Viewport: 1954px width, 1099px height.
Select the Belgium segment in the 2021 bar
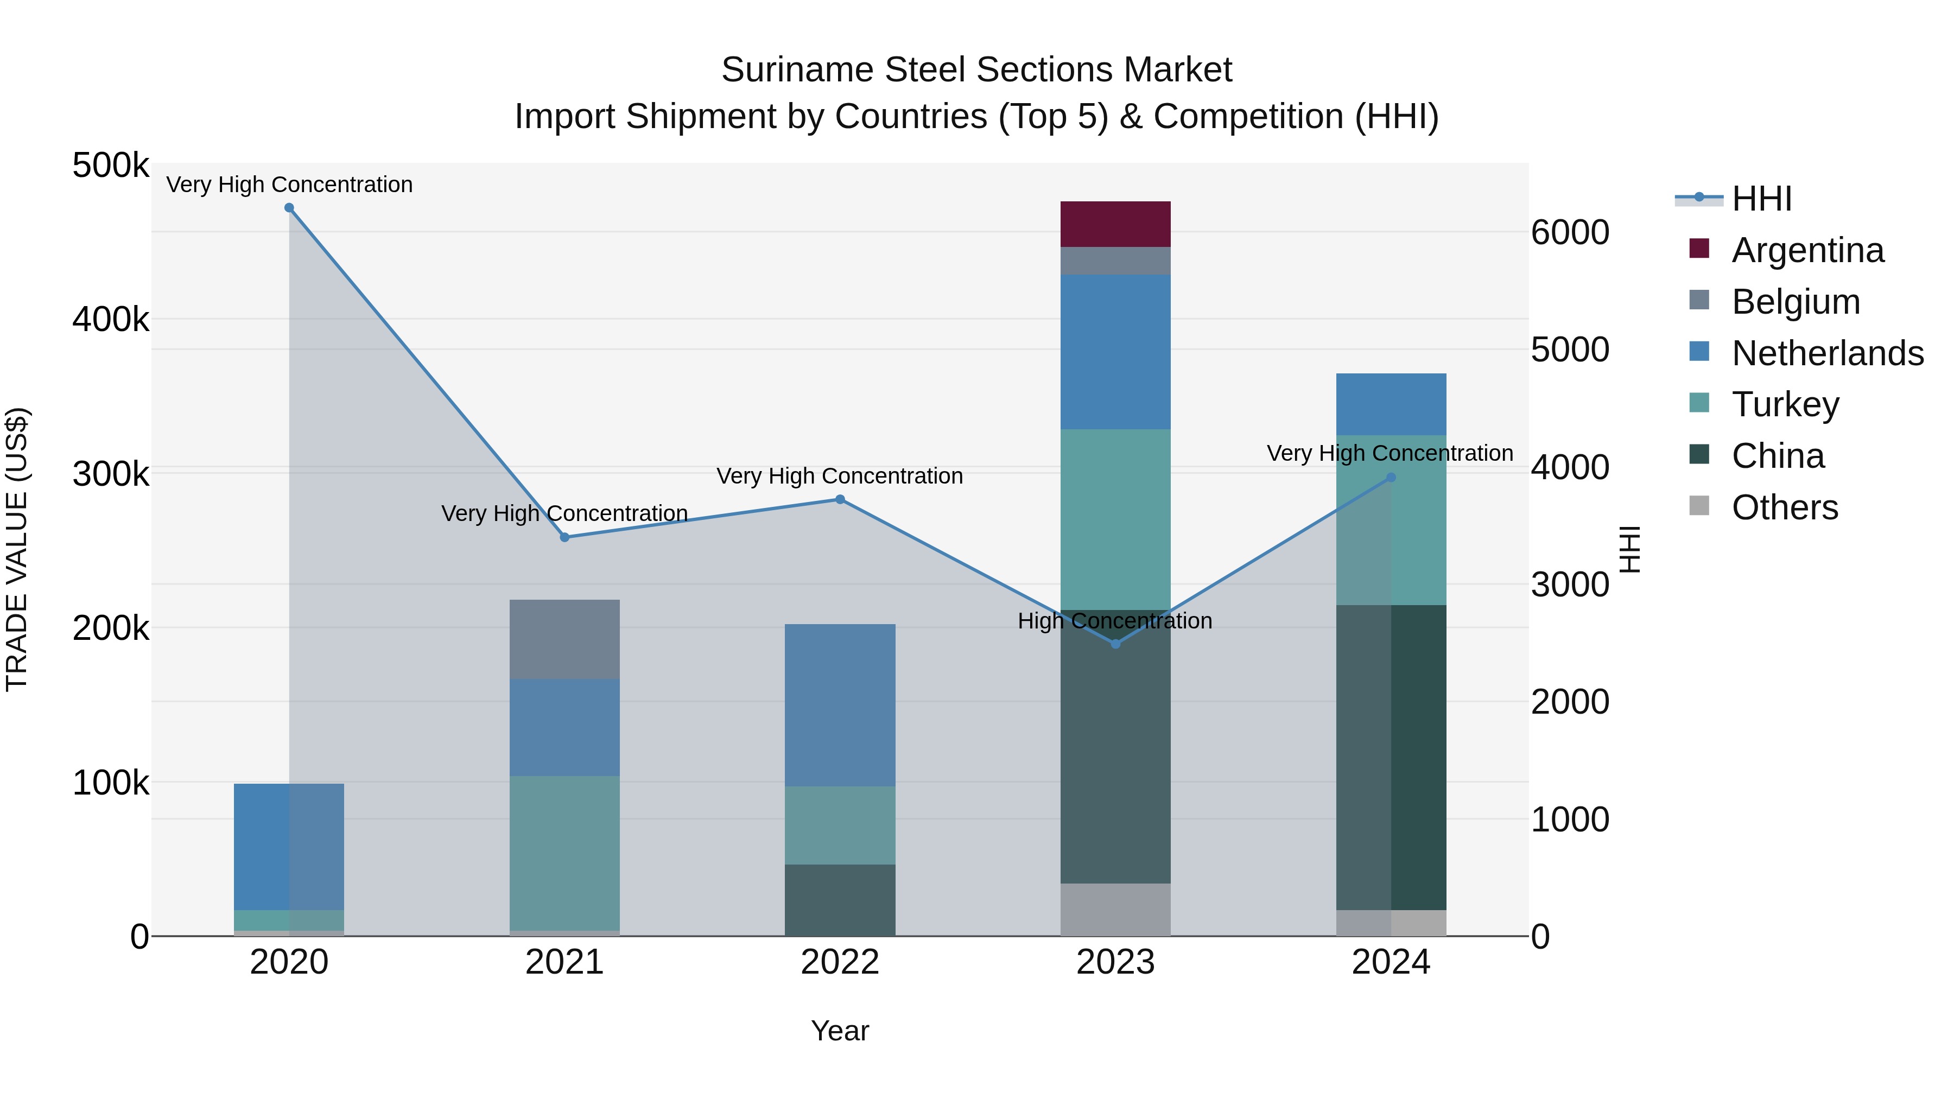[564, 639]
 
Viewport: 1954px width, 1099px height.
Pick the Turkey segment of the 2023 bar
[1115, 519]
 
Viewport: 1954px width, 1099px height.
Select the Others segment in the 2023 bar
[1115, 910]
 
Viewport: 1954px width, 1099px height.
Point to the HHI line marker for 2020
[289, 208]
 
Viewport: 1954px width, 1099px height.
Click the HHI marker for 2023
[1115, 644]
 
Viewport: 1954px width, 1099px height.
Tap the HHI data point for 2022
[840, 499]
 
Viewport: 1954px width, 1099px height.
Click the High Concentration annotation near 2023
[1114, 621]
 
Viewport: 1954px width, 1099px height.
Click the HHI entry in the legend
[1761, 199]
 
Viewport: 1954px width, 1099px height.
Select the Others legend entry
[1784, 507]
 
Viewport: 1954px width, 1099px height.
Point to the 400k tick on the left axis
[111, 319]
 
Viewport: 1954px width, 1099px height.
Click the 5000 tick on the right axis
[1569, 350]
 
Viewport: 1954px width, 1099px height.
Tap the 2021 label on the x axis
[564, 962]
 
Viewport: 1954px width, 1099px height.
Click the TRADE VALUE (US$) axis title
[17, 549]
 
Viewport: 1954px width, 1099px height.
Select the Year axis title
[840, 1031]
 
